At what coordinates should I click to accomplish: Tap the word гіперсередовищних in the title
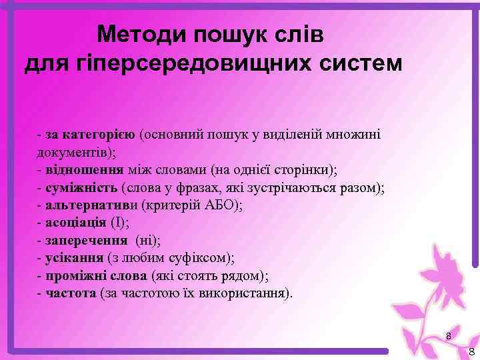click(x=194, y=63)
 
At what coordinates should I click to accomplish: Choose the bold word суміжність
click(x=85, y=187)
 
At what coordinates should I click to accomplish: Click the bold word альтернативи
click(x=91, y=205)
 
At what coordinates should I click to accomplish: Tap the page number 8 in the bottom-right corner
click(x=471, y=352)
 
